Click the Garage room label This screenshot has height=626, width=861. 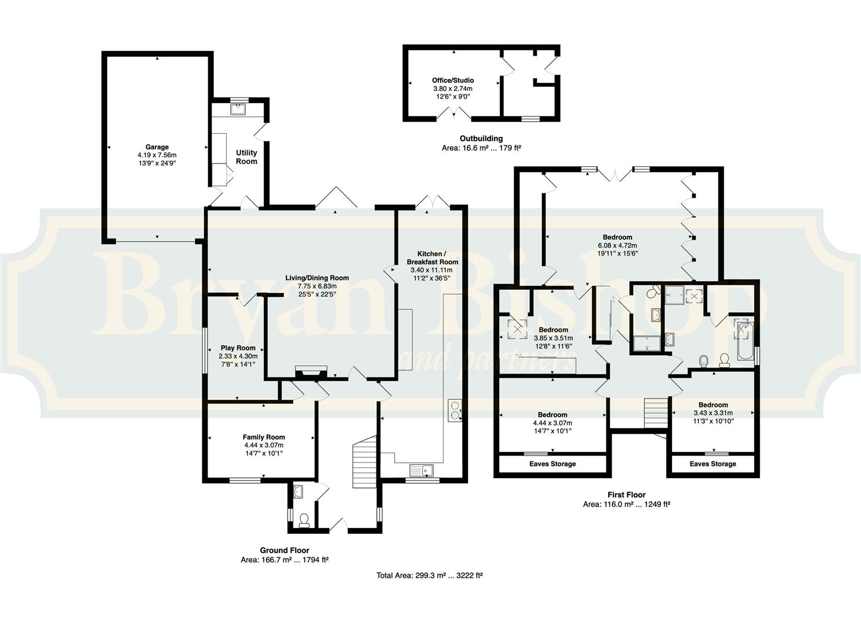(157, 147)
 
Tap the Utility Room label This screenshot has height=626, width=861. (246, 156)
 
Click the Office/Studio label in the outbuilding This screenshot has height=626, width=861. (453, 81)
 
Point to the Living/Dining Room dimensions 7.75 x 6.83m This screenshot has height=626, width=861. (317, 286)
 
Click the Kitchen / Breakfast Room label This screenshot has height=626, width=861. (433, 258)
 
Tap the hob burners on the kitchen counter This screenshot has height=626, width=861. (455, 410)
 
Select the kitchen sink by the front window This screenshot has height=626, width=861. (422, 470)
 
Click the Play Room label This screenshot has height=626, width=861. (238, 348)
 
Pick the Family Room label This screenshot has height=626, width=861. (264, 437)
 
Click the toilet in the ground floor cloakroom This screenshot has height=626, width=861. (304, 521)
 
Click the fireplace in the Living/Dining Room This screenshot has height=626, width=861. (311, 372)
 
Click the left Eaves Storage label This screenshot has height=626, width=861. (553, 464)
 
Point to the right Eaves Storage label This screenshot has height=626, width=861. (713, 464)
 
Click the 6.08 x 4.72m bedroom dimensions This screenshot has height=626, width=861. (617, 245)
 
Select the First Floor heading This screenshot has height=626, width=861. (627, 494)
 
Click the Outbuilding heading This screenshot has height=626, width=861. (481, 139)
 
